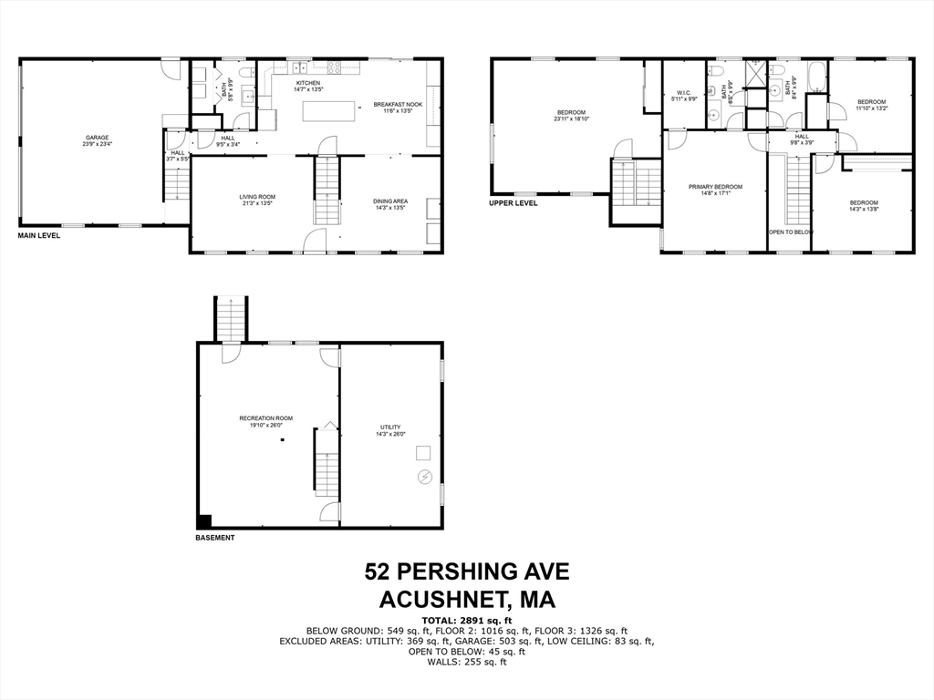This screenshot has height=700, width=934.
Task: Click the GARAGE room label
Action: [98, 138]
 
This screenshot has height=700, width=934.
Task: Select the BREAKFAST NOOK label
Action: [398, 105]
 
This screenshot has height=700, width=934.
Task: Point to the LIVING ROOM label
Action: [257, 197]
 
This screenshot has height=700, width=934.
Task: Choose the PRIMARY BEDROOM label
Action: [715, 187]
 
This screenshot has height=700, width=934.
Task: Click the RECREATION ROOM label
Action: [266, 418]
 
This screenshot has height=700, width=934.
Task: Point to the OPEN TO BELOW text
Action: [790, 232]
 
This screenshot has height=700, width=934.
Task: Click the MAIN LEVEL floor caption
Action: [39, 236]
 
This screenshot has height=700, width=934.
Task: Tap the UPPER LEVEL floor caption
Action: [514, 203]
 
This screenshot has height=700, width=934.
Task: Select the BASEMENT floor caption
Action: [215, 538]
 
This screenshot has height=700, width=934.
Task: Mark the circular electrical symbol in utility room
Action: [424, 477]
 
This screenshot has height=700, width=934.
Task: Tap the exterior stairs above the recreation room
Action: [231, 318]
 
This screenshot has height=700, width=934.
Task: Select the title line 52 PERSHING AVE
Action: [467, 571]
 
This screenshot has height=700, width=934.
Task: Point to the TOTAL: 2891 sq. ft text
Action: [467, 620]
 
